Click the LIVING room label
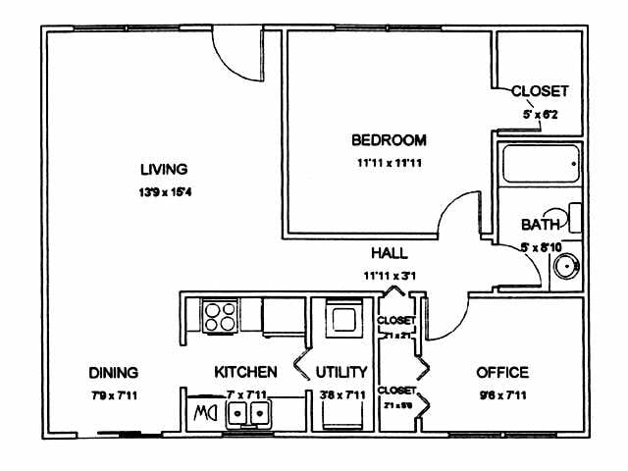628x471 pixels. tap(163, 168)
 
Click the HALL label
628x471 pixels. tap(390, 253)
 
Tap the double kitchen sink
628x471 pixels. tap(249, 417)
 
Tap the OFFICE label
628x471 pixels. tap(501, 373)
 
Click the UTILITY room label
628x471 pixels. tap(341, 373)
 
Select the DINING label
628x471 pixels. tap(113, 373)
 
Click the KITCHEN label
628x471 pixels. tap(245, 373)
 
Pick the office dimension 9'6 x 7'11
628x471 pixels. tap(501, 395)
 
